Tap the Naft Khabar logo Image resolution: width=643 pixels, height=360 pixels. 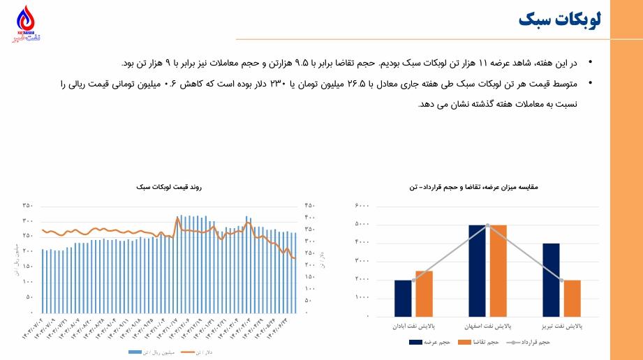(x=26, y=24)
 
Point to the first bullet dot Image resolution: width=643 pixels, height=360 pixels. (x=590, y=63)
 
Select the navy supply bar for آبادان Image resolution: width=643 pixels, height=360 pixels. (x=403, y=298)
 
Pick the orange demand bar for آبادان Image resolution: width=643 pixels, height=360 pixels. (x=424, y=294)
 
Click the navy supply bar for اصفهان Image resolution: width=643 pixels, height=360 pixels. (x=478, y=271)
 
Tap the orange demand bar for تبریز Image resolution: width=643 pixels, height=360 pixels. (x=572, y=298)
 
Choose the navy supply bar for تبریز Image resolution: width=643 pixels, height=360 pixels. (x=551, y=280)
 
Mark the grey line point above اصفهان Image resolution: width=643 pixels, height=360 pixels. (x=487, y=225)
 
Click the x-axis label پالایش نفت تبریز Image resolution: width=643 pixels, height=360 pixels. (x=562, y=326)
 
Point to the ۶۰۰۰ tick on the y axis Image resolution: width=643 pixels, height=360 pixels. (x=362, y=207)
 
